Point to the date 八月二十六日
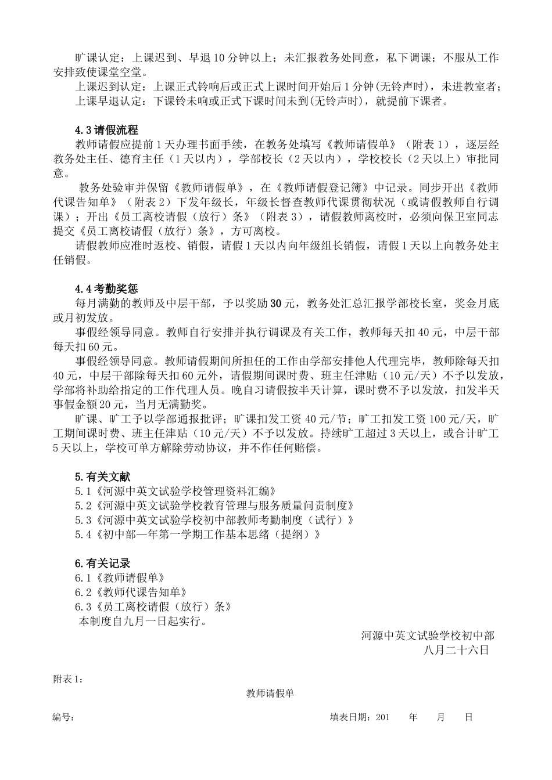[x=457, y=650]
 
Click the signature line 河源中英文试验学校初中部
[x=428, y=635]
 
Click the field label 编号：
[x=63, y=717]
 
